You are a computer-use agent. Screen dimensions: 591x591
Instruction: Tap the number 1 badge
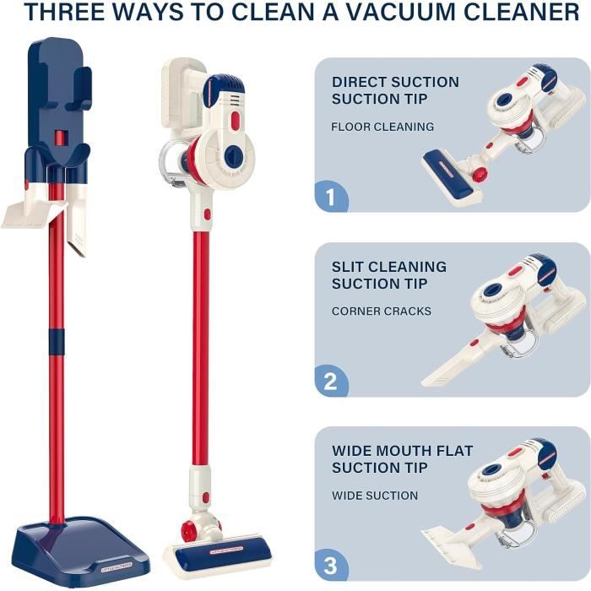331,197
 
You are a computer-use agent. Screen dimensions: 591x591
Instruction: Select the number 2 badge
331,381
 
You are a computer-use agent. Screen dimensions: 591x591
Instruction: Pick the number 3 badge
331,566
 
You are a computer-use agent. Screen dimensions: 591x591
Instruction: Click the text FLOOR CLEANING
382,127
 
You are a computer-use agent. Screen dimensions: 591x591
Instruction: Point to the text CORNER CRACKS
382,312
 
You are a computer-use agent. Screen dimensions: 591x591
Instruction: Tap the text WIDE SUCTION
375,496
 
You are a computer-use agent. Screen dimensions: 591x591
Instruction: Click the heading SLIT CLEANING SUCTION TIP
389,275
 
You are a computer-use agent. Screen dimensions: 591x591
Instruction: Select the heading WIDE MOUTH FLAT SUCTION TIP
402,459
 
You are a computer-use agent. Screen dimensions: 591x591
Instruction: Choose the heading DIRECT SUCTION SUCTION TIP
395,90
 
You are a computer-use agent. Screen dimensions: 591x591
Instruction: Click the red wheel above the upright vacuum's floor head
187,530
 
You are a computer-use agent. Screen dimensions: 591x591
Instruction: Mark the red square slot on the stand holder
60,138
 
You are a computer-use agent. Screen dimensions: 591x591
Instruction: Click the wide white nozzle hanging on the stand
35,214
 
